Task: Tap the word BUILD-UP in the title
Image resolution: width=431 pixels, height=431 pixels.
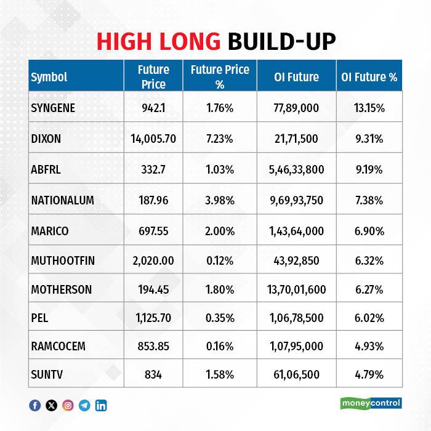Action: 282,41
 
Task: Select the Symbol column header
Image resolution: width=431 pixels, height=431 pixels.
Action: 49,77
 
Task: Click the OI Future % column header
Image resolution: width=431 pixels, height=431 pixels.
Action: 369,77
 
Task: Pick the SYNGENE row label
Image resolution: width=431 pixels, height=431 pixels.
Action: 53,108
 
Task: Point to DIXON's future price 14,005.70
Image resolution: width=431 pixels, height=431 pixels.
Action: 153,139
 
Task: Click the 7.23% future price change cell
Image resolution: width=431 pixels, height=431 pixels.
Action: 220,139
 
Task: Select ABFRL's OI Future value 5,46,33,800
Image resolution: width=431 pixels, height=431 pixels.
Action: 296,169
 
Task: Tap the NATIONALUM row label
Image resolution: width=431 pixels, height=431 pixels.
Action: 62,200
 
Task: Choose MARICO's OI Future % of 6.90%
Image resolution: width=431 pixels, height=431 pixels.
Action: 369,231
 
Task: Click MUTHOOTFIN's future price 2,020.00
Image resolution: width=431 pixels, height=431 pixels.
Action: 153,260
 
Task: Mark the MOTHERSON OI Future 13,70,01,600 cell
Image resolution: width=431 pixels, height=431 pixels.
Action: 296,290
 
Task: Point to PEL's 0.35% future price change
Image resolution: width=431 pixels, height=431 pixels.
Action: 220,318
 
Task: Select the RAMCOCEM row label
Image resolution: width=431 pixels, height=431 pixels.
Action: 58,346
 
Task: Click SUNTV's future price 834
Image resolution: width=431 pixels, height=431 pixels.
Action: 153,374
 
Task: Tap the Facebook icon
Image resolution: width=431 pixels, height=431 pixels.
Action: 35,405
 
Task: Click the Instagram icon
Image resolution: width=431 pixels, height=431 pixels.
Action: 68,405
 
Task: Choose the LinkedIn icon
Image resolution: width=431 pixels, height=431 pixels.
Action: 101,405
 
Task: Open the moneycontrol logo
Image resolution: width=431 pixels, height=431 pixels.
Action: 371,403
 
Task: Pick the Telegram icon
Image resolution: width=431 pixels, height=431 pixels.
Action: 84,405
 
